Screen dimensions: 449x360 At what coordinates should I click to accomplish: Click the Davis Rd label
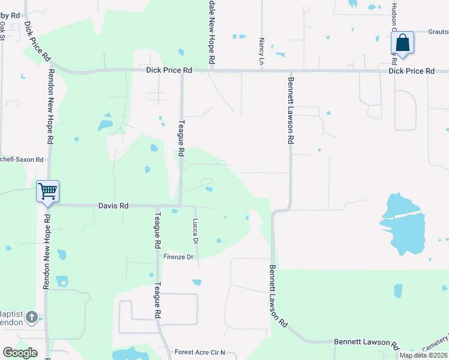pyautogui.click(x=113, y=206)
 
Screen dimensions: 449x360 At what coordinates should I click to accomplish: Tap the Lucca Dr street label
pyautogui.click(x=195, y=231)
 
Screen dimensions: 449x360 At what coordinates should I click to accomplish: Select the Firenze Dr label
pyautogui.click(x=179, y=257)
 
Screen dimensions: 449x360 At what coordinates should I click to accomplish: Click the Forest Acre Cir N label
pyautogui.click(x=199, y=352)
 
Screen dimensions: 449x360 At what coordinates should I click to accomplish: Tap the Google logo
pyautogui.click(x=20, y=353)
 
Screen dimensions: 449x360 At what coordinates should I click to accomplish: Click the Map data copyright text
pyautogui.click(x=423, y=355)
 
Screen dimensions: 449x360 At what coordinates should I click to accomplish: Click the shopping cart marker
pyautogui.click(x=47, y=192)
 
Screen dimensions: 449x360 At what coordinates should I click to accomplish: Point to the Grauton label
pyautogui.click(x=438, y=32)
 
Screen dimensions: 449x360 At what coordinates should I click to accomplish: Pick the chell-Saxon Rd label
pyautogui.click(x=22, y=160)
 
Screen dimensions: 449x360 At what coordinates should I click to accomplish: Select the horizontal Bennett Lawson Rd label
pyautogui.click(x=366, y=342)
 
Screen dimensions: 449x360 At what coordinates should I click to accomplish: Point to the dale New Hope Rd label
pyautogui.click(x=211, y=33)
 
